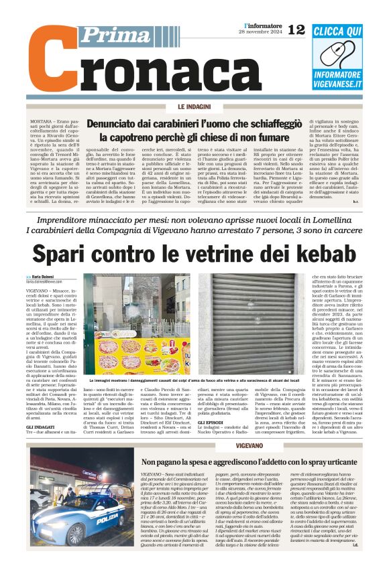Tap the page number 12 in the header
(296, 29)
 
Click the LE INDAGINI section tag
(194, 107)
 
